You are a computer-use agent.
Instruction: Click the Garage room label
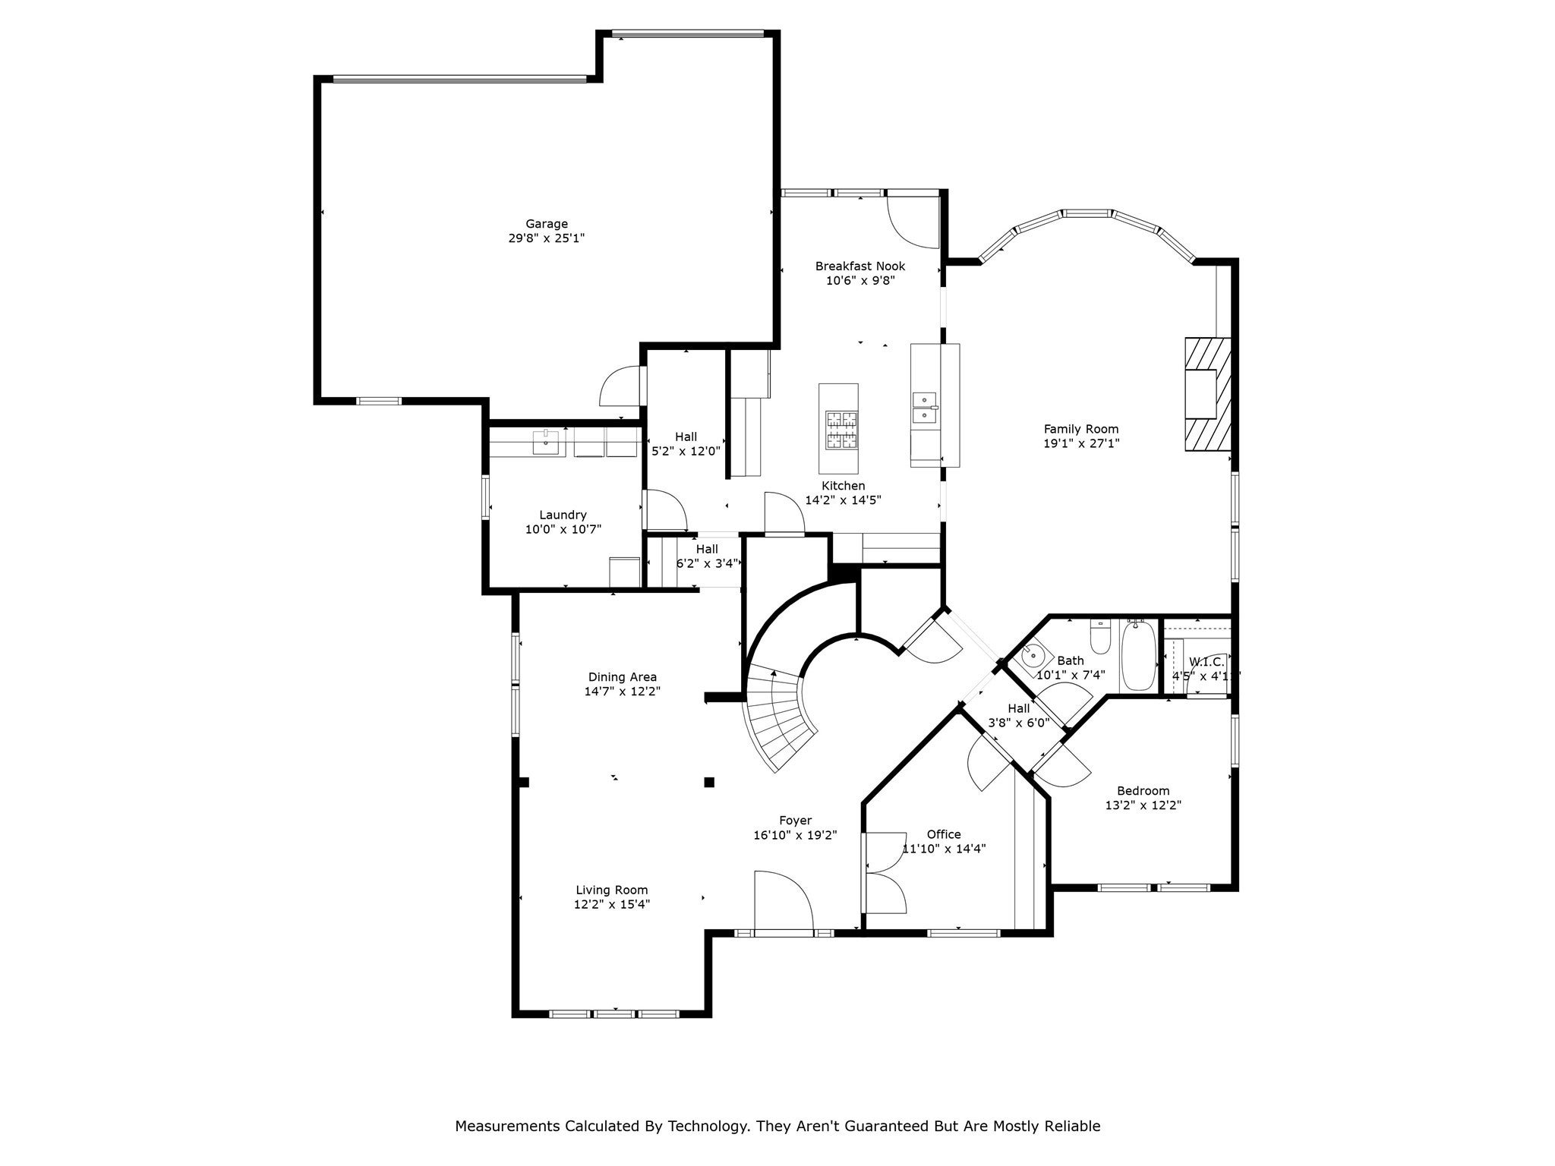[x=547, y=224]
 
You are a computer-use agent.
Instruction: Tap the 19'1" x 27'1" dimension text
[x=1081, y=443]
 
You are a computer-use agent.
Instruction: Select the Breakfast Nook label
[x=860, y=266]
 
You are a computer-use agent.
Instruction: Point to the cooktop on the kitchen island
[x=839, y=430]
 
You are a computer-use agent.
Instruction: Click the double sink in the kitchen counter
[x=925, y=407]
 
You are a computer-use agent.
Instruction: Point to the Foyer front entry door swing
[x=782, y=900]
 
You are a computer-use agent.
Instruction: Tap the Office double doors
[x=885, y=873]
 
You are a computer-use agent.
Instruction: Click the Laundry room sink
[x=546, y=441]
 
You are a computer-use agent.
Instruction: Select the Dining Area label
[x=623, y=677]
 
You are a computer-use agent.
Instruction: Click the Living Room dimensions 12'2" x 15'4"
[x=612, y=904]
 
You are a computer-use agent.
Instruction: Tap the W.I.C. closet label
[x=1206, y=662]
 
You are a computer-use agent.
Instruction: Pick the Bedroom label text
[x=1143, y=790]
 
